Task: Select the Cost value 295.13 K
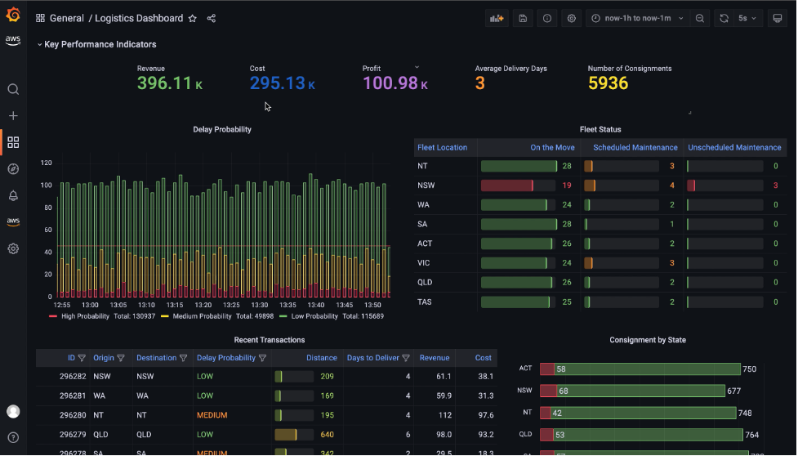tap(282, 83)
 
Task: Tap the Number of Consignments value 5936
tap(608, 83)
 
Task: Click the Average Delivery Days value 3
tap(479, 83)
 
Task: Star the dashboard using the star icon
tap(193, 18)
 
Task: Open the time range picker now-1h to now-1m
tap(637, 18)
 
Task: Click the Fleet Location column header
tap(442, 148)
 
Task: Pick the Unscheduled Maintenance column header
tap(734, 148)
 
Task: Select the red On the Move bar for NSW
tap(507, 186)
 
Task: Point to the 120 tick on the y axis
tap(46, 163)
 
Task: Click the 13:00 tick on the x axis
tap(91, 305)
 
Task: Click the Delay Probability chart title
tap(222, 129)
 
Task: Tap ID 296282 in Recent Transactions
tap(73, 377)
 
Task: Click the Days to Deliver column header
tap(372, 358)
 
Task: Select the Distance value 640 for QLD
tap(327, 435)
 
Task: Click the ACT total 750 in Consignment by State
tap(749, 369)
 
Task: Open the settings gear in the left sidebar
tap(13, 248)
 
